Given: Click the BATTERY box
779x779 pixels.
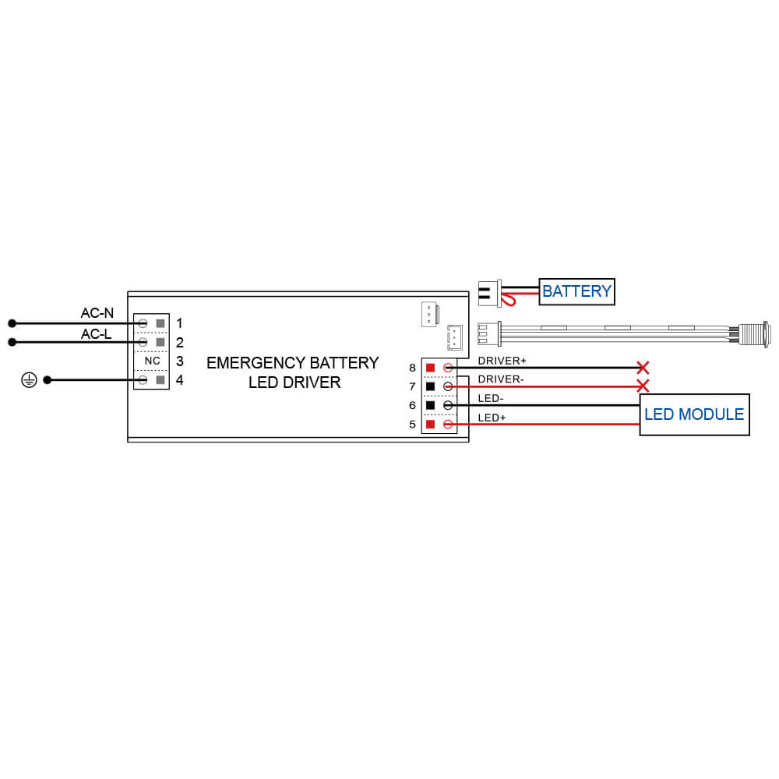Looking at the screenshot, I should click(576, 291).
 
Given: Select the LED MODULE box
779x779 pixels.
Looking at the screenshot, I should click(694, 414).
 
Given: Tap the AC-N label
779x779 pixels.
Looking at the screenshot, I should click(97, 313).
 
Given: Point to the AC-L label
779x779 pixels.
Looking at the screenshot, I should click(97, 334).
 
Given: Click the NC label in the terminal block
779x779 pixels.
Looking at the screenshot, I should click(153, 361).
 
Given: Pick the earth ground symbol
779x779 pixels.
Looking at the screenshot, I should click(29, 380).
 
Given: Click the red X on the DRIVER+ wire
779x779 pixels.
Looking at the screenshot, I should click(643, 368).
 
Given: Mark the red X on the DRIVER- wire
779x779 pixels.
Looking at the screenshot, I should click(643, 386).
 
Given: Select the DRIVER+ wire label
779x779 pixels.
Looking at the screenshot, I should click(502, 361).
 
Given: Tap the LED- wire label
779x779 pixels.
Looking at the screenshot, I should click(491, 399).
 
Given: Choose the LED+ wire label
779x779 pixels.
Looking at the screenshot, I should click(492, 418).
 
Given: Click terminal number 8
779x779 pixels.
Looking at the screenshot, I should click(412, 368).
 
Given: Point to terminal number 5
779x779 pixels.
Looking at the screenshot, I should click(412, 425).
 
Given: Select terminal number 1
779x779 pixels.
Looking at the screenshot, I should click(180, 323).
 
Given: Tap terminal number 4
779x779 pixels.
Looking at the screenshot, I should click(180, 380).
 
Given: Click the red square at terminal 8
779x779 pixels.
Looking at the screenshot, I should click(430, 368).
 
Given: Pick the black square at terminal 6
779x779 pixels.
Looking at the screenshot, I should click(430, 405).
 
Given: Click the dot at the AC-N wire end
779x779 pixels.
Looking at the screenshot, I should click(12, 323).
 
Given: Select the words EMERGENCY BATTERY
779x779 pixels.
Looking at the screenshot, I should click(292, 363).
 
